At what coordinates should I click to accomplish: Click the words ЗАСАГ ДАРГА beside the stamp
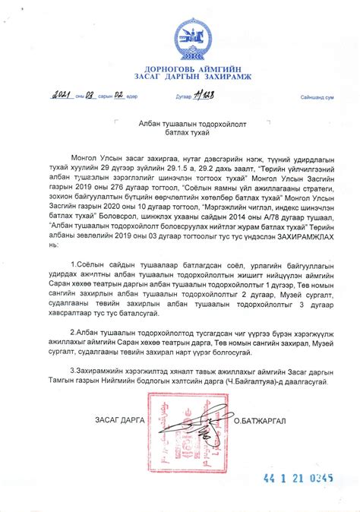coord(119,420)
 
